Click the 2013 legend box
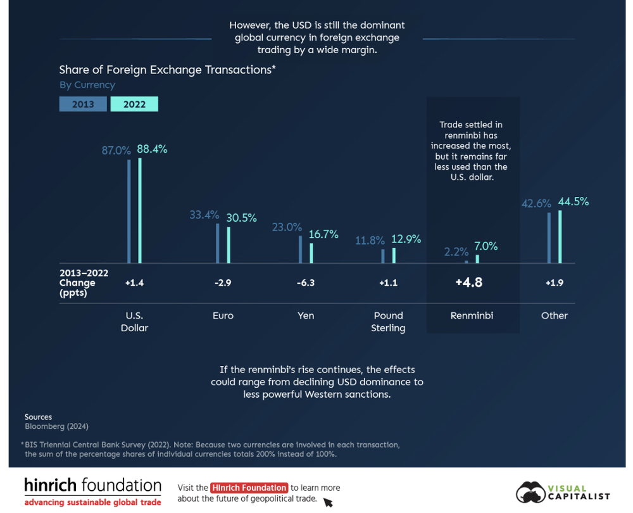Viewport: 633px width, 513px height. tap(83, 104)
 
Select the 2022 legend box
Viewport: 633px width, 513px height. tap(134, 104)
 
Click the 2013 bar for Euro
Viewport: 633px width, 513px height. tap(218, 243)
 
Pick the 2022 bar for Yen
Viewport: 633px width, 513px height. tap(311, 253)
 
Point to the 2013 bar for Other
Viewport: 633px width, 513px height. tap(549, 237)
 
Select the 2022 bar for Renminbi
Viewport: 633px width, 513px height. tap(477, 258)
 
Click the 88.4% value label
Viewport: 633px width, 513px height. tap(153, 149)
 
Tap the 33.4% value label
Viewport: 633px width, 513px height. tap(204, 215)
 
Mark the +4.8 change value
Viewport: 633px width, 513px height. tap(469, 282)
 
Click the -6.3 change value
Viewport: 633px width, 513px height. tap(306, 283)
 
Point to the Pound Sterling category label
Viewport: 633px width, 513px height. tap(388, 321)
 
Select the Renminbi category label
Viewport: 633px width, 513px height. tap(472, 315)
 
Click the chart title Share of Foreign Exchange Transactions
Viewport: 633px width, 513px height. tap(167, 70)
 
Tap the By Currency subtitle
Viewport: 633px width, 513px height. tap(87, 85)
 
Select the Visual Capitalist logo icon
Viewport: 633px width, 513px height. tap(530, 492)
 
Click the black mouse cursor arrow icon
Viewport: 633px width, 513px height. tap(328, 503)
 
